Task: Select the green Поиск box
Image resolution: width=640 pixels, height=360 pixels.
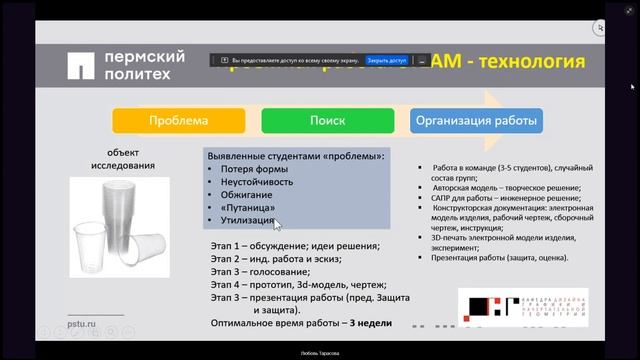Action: [x=326, y=121]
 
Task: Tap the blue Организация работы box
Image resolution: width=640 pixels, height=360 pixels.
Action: [x=476, y=121]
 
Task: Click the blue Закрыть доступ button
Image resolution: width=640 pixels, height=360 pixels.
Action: [x=386, y=60]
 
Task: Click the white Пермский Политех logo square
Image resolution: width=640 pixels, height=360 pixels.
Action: [x=81, y=66]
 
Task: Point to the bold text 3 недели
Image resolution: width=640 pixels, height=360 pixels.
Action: [x=369, y=324]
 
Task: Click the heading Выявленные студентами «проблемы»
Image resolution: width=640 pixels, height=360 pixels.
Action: [x=294, y=157]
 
